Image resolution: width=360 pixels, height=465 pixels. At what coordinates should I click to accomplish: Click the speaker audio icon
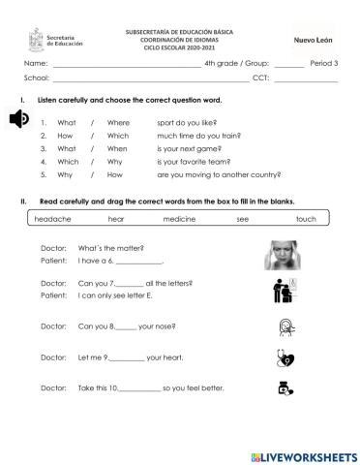19,119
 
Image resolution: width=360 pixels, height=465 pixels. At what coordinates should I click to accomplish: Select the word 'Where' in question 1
118,123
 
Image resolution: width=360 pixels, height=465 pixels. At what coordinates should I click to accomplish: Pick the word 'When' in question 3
117,149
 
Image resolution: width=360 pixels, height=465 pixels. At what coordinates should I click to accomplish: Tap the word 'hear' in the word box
116,220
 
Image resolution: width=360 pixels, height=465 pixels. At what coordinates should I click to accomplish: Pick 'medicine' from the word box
179,220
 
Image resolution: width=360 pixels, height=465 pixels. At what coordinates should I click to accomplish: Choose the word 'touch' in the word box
306,220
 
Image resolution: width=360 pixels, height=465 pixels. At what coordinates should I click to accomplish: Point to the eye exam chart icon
284,290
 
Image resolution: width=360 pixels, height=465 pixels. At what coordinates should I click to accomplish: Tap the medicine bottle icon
285,389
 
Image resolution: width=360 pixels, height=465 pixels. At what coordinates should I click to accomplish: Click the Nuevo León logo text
313,40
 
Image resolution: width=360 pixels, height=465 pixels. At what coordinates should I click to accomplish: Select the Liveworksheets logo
303,455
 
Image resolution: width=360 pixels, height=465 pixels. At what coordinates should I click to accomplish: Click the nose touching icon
285,325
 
